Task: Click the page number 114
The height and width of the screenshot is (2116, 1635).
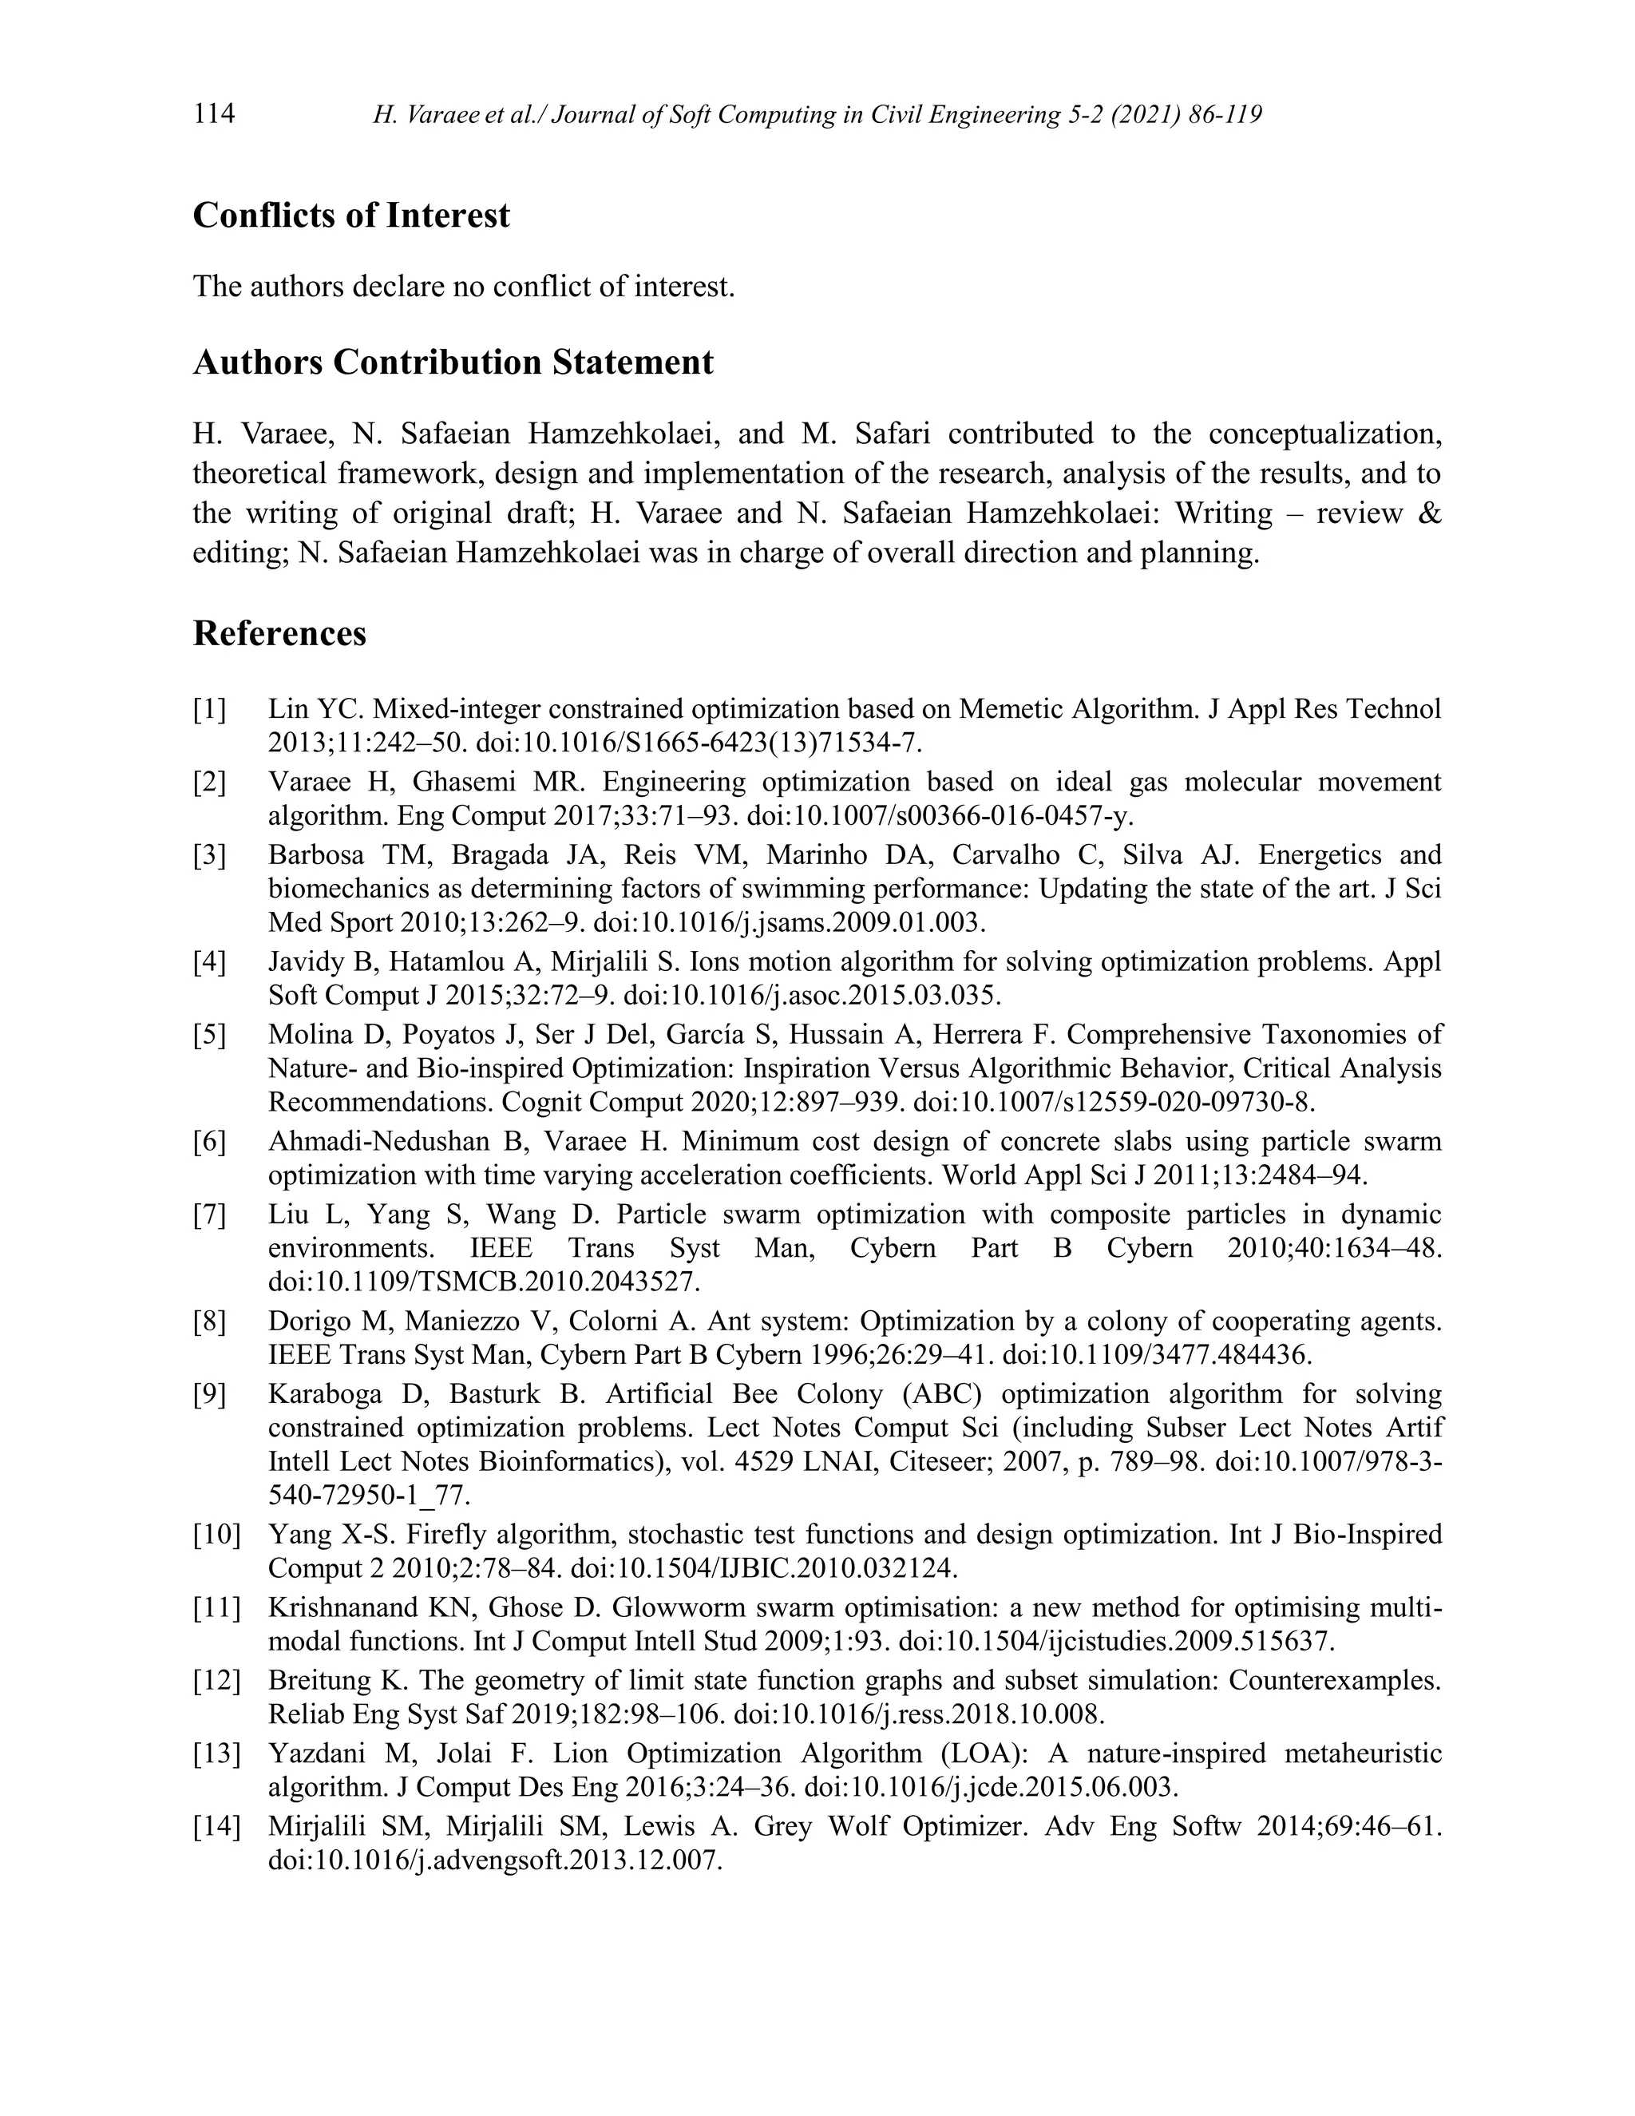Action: (214, 114)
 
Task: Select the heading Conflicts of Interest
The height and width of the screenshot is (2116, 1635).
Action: (350, 215)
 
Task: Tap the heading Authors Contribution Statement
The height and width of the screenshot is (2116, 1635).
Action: (453, 363)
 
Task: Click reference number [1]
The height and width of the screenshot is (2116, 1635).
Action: (209, 709)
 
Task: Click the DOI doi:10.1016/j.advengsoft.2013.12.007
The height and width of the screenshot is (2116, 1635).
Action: (495, 1860)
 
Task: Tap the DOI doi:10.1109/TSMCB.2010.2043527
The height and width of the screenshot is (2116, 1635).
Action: (482, 1282)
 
